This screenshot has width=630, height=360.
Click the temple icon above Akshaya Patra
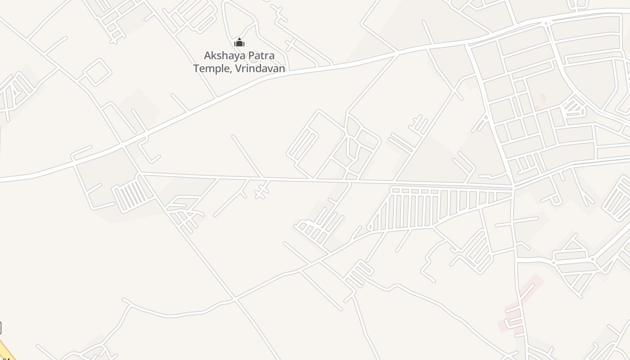coord(239,43)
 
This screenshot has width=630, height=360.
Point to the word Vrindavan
coord(260,68)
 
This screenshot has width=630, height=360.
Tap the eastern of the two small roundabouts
coord(593,259)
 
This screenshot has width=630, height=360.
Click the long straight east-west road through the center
coord(315,180)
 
